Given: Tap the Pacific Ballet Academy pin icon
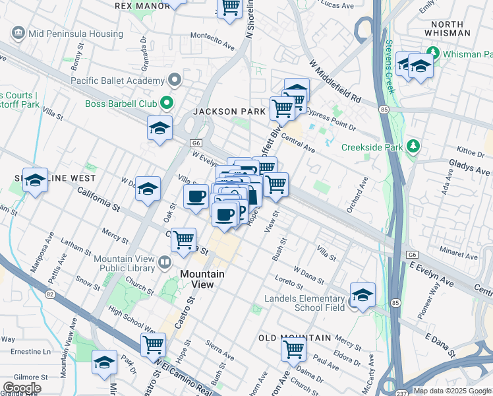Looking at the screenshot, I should point(175,81).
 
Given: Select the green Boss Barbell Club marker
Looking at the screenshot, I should point(166,103).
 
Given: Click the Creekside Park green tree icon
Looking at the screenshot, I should point(413,146).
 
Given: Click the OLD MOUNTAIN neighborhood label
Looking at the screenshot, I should point(295,338).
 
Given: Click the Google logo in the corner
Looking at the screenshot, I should point(21,388).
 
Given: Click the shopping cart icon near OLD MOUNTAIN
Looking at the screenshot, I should point(293,348).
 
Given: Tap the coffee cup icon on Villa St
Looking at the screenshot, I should point(196,197).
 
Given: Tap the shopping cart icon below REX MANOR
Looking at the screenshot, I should point(230,8).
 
